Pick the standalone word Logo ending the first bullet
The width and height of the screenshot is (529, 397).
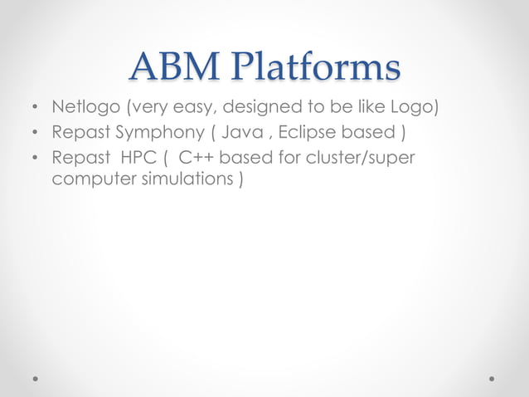point(414,108)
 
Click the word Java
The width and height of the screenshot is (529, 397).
point(241,133)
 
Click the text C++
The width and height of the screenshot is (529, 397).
point(197,158)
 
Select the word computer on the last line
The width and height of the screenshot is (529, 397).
point(88,180)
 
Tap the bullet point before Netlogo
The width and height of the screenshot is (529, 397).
point(34,109)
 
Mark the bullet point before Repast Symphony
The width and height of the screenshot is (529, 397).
point(34,134)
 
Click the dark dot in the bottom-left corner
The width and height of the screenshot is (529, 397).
point(36,378)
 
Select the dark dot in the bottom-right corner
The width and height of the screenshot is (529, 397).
point(493,378)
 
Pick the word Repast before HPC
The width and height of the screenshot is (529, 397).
point(80,158)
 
